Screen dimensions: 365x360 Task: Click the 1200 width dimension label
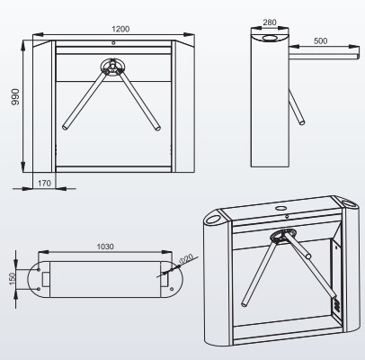click(x=120, y=29)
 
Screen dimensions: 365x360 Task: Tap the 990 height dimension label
click(x=15, y=96)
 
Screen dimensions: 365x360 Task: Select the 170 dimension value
click(x=44, y=183)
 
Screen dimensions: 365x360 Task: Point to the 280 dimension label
click(x=270, y=22)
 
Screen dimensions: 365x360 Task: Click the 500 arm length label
click(x=320, y=40)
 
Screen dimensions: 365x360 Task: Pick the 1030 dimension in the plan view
click(x=105, y=247)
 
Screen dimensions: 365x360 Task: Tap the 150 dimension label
click(x=13, y=279)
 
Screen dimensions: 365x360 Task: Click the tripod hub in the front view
click(x=113, y=67)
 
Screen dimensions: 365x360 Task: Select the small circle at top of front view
click(x=113, y=43)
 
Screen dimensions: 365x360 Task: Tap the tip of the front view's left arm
click(x=65, y=127)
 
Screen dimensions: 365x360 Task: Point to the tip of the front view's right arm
click(x=158, y=129)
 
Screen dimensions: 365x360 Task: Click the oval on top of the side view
click(x=271, y=38)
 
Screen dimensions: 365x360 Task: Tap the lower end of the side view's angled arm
click(x=302, y=122)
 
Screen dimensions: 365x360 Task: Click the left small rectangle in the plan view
click(x=46, y=279)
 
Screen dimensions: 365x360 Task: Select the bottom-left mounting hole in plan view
click(x=39, y=289)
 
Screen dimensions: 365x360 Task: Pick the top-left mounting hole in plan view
click(x=39, y=270)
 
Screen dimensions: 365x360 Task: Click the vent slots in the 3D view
click(x=337, y=305)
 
